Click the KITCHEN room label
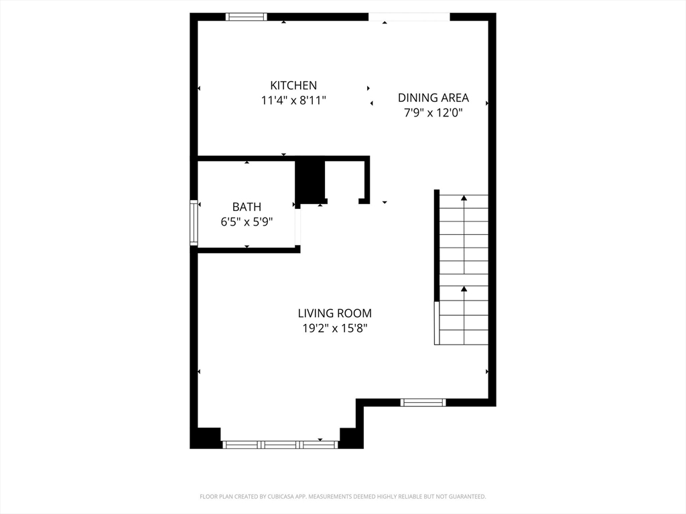click(293, 85)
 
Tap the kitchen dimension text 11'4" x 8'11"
click(293, 100)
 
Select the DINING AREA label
click(433, 98)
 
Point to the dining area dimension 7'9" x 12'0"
click(433, 113)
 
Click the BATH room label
click(247, 207)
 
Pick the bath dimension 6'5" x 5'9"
click(247, 222)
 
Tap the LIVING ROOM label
click(334, 313)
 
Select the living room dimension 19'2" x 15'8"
click(334, 329)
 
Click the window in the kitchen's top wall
click(247, 17)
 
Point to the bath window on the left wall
click(194, 223)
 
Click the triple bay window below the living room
click(280, 444)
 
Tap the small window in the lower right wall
click(423, 402)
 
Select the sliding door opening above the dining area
click(409, 17)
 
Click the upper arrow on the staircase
click(464, 198)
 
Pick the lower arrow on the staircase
click(464, 289)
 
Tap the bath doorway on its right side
click(298, 226)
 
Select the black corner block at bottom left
click(206, 438)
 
